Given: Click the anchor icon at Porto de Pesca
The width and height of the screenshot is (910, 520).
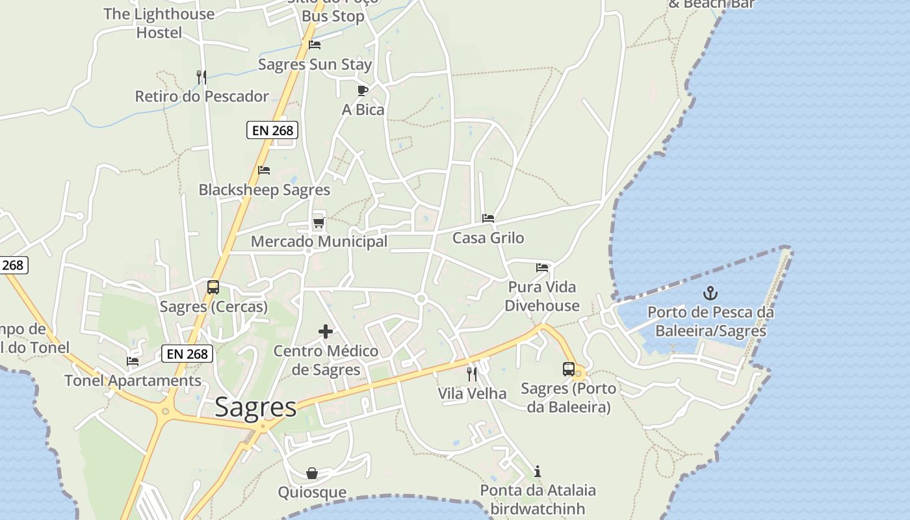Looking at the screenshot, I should pos(710,293).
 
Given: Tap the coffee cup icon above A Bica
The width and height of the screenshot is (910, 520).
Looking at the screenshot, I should pos(363,90).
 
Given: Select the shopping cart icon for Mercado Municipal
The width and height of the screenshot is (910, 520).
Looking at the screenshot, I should pos(318,223).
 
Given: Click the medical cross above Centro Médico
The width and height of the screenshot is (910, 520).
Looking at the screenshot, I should pos(326,332).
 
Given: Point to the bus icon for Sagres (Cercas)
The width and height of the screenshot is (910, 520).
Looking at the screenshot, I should pos(213,287).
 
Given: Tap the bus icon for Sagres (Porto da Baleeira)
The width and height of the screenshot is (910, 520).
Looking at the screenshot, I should pos(569,369).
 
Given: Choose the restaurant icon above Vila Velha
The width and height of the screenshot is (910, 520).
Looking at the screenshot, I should pos(472,374).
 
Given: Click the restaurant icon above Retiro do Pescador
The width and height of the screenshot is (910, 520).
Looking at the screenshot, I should pos(201,77).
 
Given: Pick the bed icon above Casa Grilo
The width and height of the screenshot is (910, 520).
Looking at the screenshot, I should pos(488,218).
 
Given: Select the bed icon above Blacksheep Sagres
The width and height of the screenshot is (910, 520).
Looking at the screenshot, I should pos(264,170).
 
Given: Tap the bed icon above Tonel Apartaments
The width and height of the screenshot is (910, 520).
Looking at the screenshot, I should pos(133,361).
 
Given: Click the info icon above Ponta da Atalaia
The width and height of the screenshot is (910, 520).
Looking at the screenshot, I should pos(538,471).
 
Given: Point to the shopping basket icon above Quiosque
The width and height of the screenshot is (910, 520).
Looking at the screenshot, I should pos(312,473).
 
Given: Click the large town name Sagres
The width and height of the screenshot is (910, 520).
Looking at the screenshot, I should pos(255,408).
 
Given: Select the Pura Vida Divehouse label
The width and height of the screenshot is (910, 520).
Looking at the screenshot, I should pos(542,296).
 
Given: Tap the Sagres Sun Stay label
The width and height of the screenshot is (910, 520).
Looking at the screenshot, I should pos(315,64).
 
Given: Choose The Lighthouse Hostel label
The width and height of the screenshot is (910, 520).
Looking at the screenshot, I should pos(159,23).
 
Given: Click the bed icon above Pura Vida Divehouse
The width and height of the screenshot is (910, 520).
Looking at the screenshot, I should pos(542,267).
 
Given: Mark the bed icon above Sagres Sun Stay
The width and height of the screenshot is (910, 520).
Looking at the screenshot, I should pos(315,45).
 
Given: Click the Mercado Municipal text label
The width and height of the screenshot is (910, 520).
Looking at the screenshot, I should pos(319,242).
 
